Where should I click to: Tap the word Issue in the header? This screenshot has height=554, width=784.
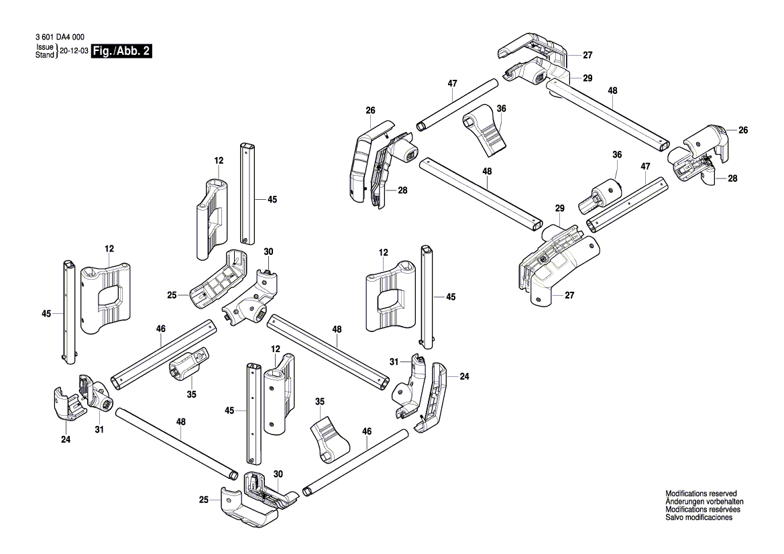pyautogui.click(x=44, y=48)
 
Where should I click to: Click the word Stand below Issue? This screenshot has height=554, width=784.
pyautogui.click(x=44, y=55)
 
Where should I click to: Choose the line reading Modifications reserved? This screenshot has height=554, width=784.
pyautogui.click(x=701, y=494)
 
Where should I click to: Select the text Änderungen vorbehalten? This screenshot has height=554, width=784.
pyautogui.click(x=704, y=502)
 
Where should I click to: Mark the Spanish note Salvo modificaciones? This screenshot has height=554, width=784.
pyautogui.click(x=699, y=518)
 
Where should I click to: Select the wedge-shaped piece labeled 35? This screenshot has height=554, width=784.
pyautogui.click(x=329, y=436)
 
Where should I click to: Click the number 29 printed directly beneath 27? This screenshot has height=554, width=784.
pyautogui.click(x=587, y=78)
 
